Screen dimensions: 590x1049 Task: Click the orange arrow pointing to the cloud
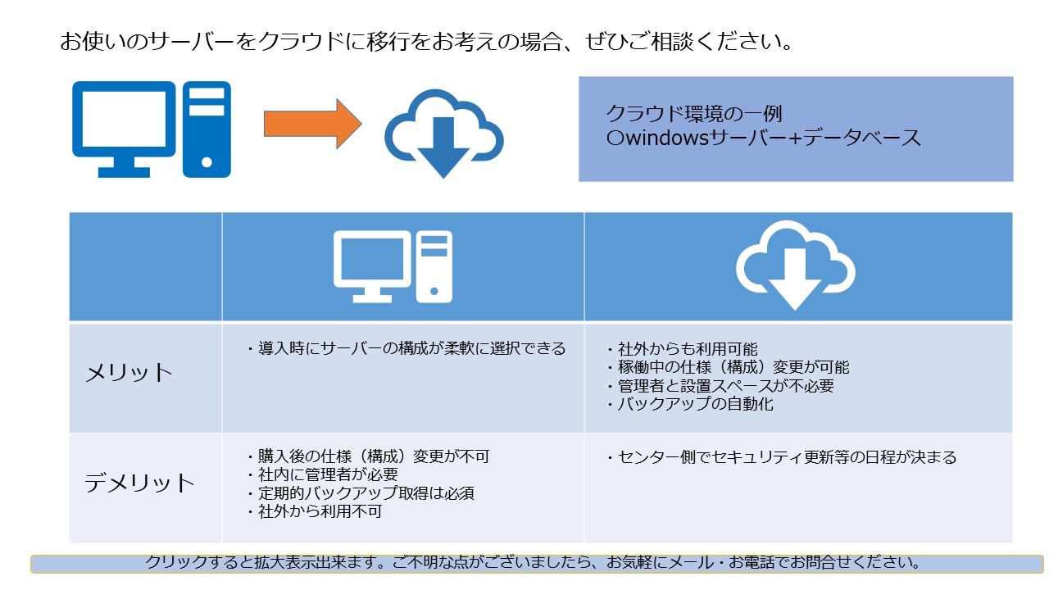(311, 124)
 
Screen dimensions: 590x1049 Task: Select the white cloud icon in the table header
(794, 264)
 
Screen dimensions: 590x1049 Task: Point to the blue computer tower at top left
(207, 129)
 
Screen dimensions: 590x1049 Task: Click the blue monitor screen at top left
(124, 120)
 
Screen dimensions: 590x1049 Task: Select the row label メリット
(129, 373)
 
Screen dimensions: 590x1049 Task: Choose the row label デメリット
(140, 483)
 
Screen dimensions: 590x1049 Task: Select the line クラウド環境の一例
(694, 114)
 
